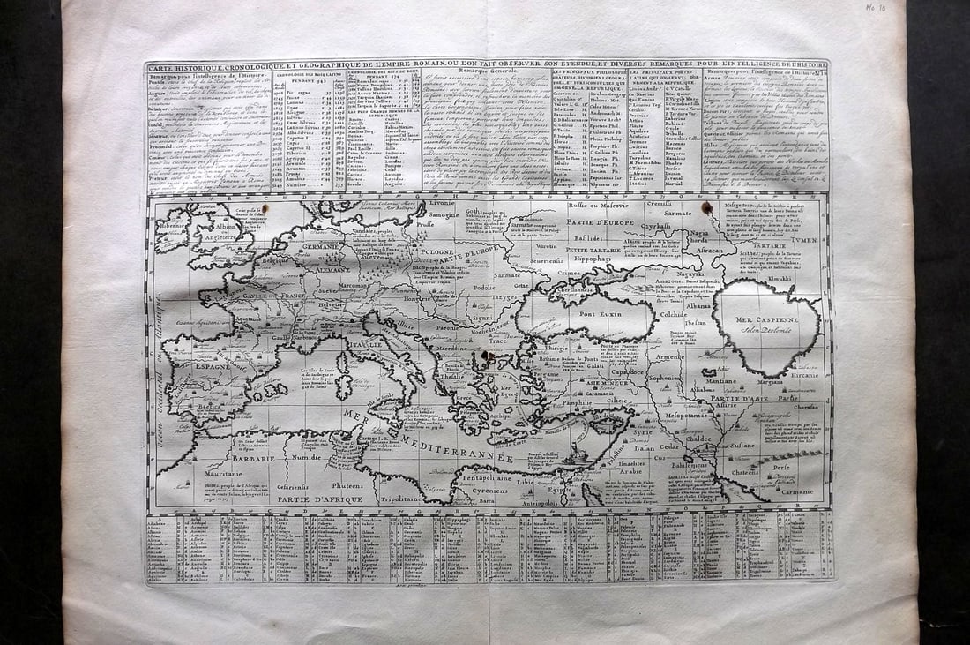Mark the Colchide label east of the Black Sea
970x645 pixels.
pos(673,313)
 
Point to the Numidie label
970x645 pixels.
pos(306,458)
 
